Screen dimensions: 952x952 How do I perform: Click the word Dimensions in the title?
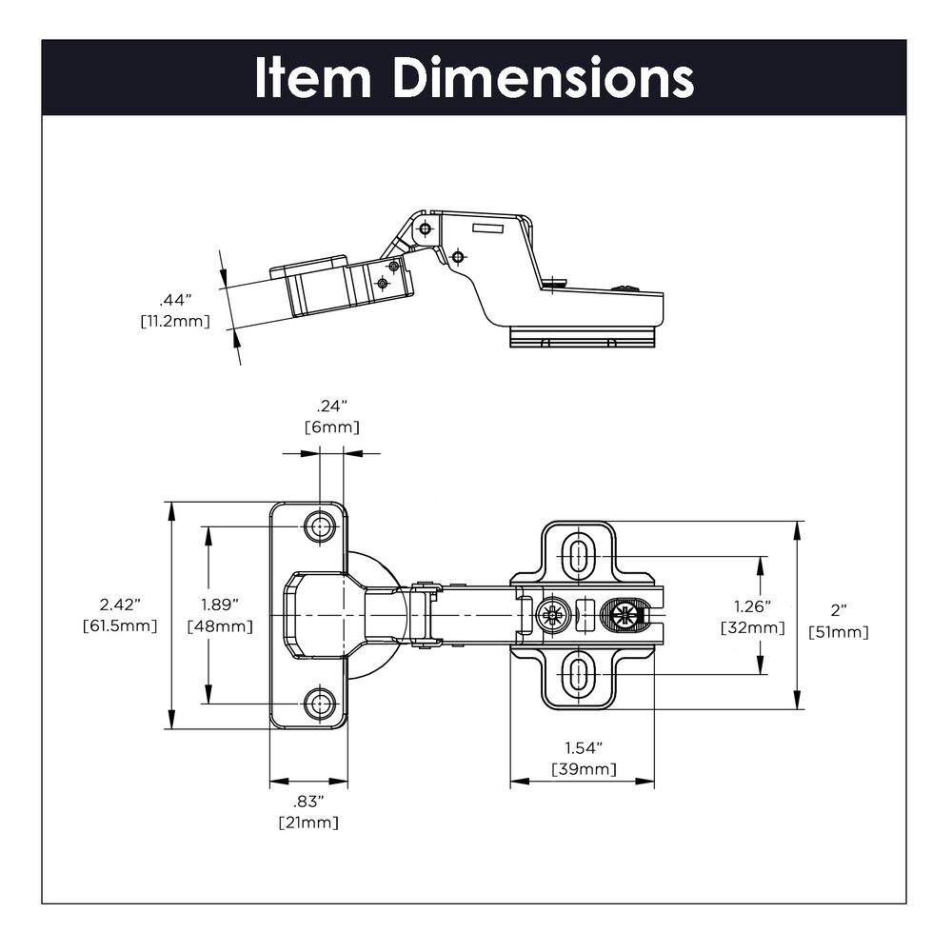[543, 78]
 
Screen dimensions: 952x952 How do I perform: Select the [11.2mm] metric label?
[175, 321]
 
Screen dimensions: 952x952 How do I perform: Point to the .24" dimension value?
[331, 407]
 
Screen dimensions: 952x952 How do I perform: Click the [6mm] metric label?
[331, 427]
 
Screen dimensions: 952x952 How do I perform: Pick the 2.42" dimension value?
[120, 605]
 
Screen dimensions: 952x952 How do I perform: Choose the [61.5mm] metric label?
[120, 625]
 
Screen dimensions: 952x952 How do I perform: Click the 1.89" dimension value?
[219, 605]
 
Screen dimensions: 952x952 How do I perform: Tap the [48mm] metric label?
[220, 625]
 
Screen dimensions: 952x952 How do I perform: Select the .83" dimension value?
[307, 801]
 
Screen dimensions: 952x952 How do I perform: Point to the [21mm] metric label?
[307, 822]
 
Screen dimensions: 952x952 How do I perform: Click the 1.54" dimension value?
[583, 748]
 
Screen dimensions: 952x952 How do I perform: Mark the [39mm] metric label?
[583, 769]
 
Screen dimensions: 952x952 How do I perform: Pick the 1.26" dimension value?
[752, 606]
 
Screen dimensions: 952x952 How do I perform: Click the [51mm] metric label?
[838, 631]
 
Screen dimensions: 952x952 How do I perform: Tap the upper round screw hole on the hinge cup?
[320, 526]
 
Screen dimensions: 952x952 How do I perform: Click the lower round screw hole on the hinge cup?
[320, 704]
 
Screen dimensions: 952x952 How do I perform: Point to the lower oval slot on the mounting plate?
[577, 674]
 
